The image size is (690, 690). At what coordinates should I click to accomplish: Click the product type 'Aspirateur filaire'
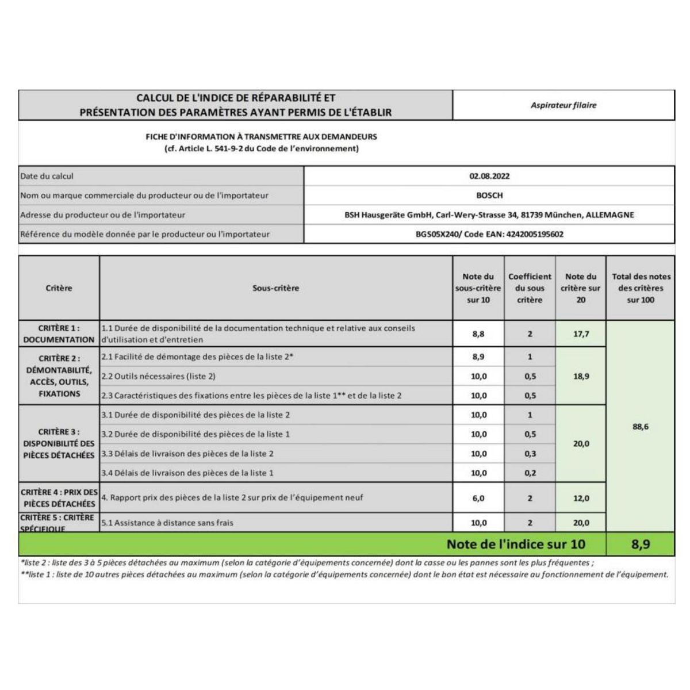(563, 105)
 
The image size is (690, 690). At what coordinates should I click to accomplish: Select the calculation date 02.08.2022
(489, 177)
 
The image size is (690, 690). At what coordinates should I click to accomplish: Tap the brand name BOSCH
(489, 195)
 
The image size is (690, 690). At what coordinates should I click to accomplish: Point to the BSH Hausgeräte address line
(489, 215)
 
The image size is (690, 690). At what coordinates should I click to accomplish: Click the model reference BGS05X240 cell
(489, 234)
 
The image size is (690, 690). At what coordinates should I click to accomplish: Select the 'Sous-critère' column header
(276, 288)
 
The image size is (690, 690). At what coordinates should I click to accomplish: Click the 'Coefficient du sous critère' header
(530, 288)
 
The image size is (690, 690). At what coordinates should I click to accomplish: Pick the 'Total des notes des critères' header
(641, 288)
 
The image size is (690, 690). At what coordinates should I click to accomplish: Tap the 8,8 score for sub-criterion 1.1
(478, 333)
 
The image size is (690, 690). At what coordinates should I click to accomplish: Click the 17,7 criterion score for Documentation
(581, 333)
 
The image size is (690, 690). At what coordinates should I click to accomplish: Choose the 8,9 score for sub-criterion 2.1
(478, 356)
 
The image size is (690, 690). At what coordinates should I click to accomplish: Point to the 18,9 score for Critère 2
(581, 376)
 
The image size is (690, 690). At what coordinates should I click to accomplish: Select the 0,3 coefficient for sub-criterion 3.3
(530, 454)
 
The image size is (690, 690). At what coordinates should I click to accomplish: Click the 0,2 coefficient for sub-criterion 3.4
(530, 473)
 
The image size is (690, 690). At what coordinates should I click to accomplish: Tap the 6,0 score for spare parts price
(478, 499)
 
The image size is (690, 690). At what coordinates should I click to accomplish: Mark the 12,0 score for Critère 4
(581, 499)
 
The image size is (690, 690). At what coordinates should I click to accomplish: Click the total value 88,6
(641, 427)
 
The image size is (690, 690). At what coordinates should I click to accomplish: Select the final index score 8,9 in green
(641, 544)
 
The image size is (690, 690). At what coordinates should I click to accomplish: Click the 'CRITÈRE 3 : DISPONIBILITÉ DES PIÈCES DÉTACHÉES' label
(59, 443)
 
